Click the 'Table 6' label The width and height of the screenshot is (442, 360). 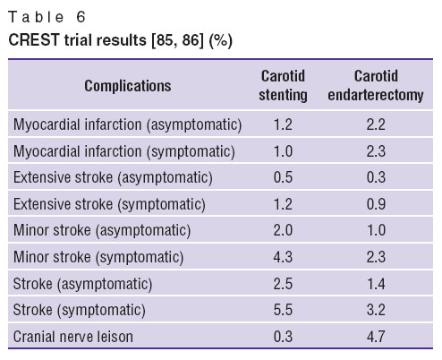(x=47, y=17)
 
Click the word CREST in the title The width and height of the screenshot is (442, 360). (x=34, y=39)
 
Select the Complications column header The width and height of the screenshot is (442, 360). (x=128, y=86)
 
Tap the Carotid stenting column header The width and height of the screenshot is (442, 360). (x=283, y=86)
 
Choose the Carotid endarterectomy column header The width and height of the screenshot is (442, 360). (x=376, y=86)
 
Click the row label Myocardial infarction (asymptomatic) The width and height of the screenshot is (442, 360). (x=127, y=124)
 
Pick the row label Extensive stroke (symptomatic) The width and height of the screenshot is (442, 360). (x=109, y=204)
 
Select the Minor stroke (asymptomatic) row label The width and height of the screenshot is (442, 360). (x=102, y=230)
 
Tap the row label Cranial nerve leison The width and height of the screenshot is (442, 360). (x=73, y=337)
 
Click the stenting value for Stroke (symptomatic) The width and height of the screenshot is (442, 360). (x=283, y=310)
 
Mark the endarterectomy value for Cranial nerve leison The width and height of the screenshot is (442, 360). (x=376, y=337)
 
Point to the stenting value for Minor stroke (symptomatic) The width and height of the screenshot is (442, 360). (x=283, y=257)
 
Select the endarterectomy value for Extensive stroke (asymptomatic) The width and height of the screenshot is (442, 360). (x=376, y=177)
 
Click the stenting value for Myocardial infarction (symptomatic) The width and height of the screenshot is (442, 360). (x=283, y=151)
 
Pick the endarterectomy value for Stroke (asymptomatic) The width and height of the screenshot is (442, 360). (x=376, y=284)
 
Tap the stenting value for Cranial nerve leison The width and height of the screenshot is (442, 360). (x=283, y=337)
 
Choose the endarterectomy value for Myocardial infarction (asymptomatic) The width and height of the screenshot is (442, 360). (x=376, y=124)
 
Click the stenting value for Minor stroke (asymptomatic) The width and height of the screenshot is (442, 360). (x=283, y=230)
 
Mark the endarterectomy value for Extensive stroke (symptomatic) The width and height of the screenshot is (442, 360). (x=376, y=204)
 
